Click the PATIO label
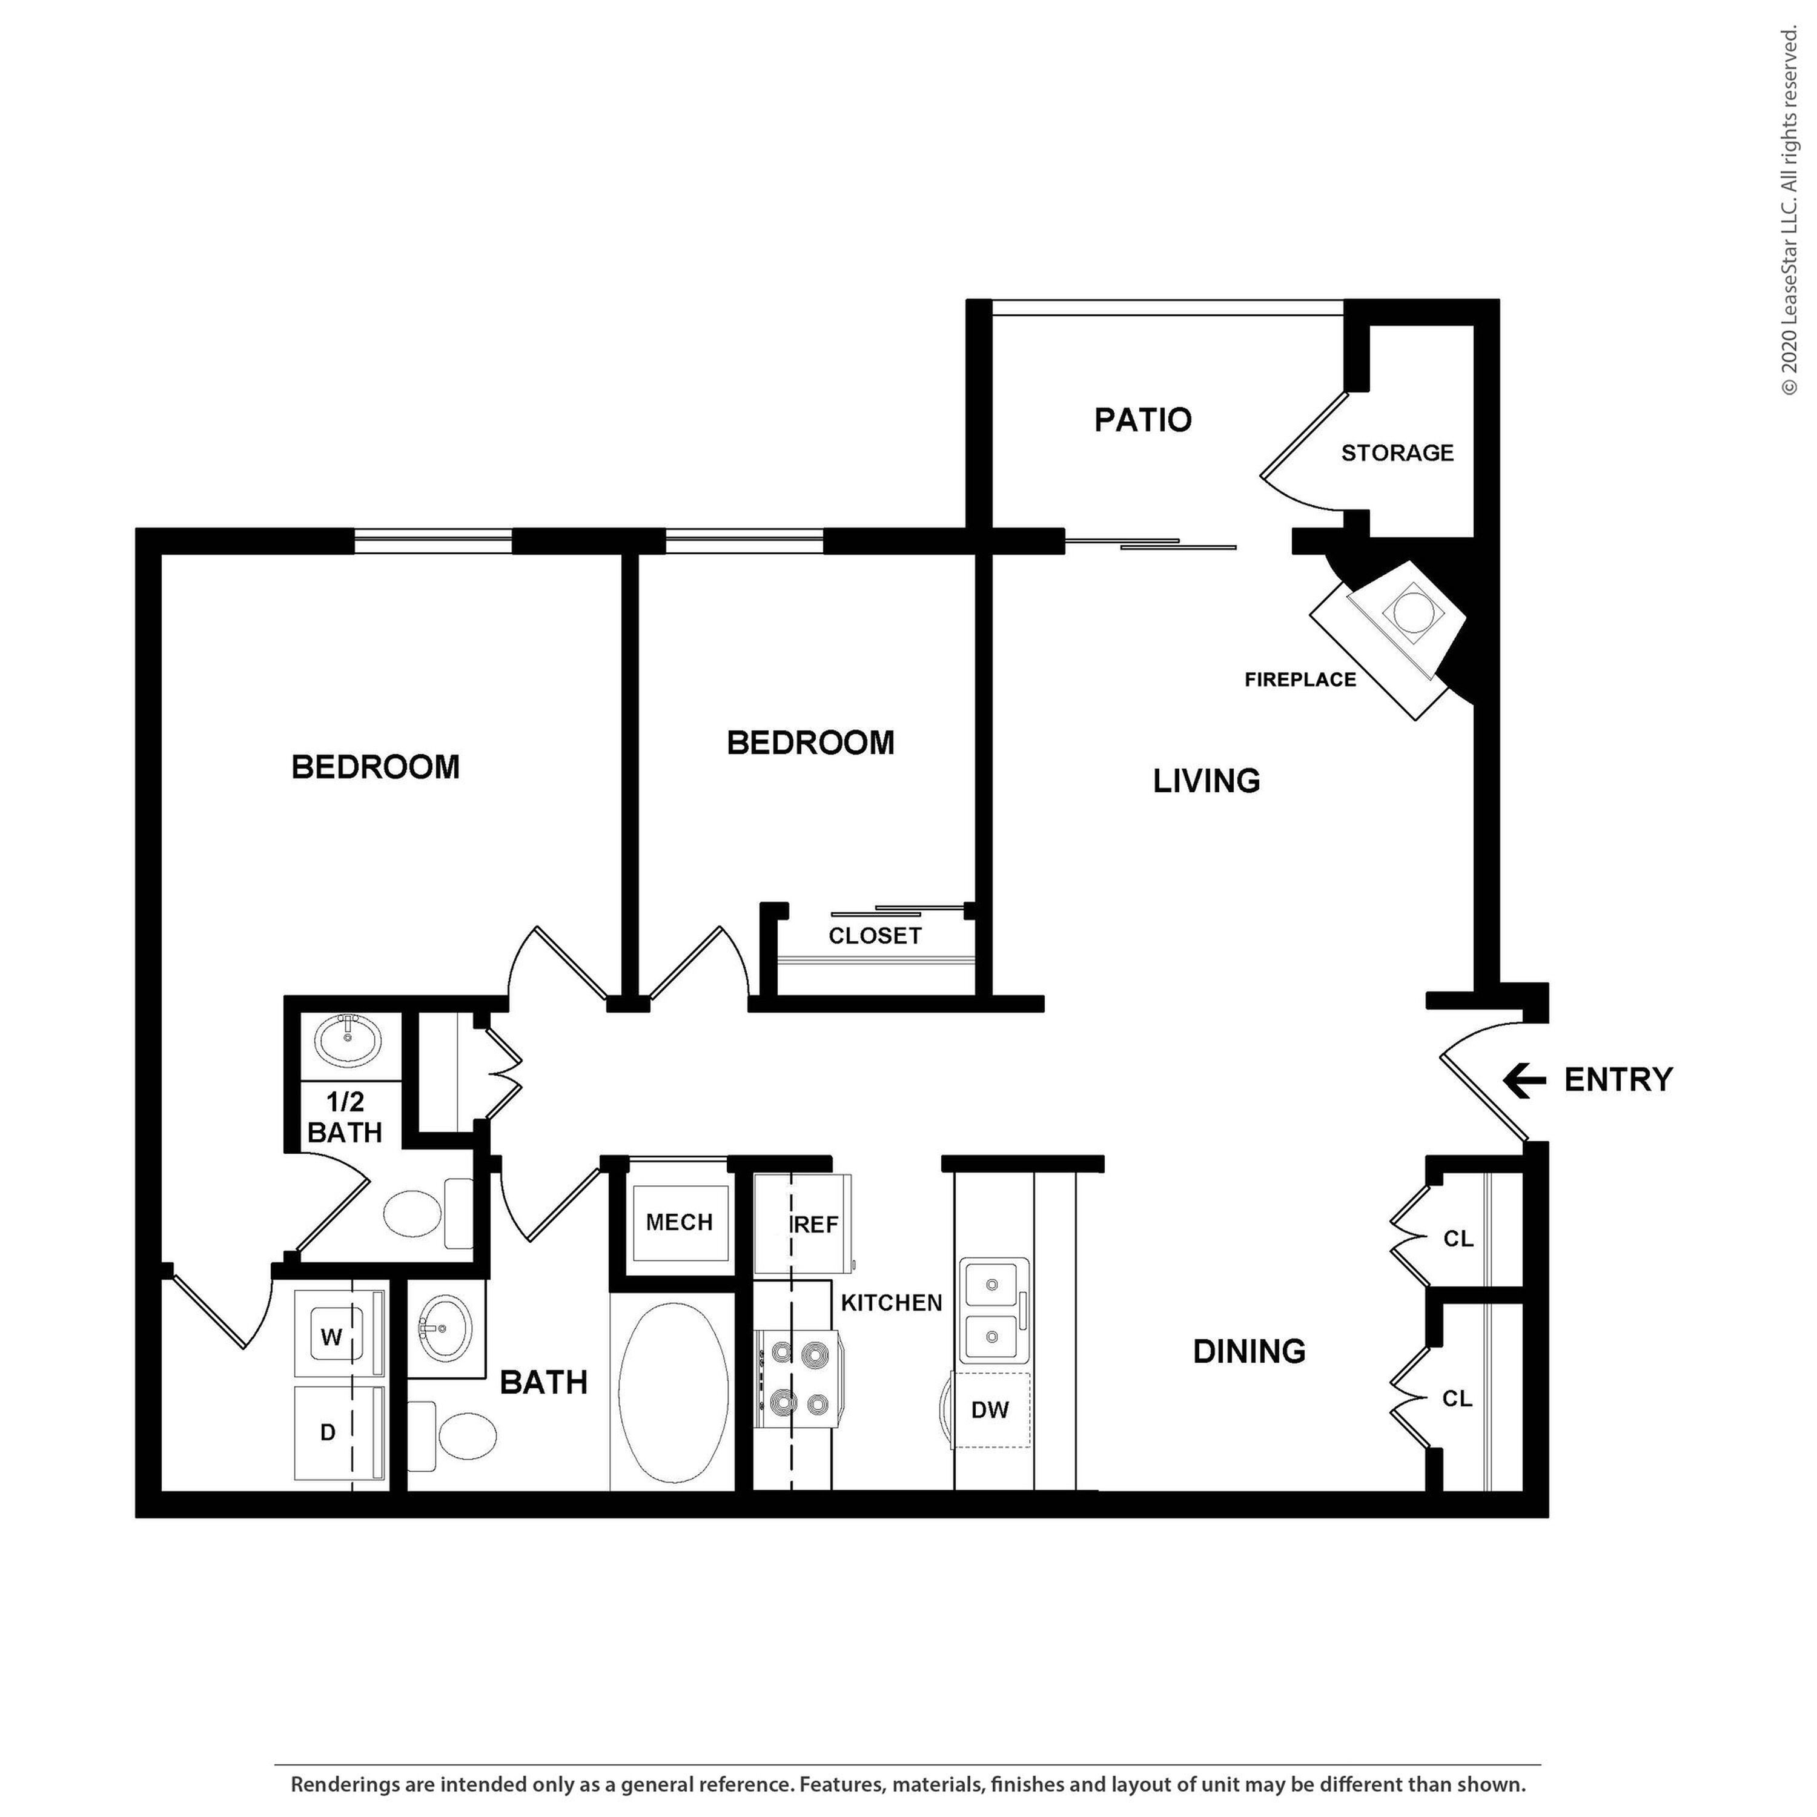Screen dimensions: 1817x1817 (1143, 420)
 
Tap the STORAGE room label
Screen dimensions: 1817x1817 (1397, 453)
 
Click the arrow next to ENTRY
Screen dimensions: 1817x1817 (1524, 1080)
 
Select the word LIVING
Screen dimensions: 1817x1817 (1206, 781)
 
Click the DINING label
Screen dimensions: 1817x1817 (1249, 1351)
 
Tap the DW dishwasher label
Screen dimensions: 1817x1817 (990, 1410)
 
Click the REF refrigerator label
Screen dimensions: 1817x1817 (815, 1225)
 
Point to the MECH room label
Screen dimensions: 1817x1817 (679, 1223)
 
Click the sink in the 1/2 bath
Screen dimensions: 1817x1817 (348, 1041)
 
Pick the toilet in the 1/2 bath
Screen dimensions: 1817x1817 (428, 1213)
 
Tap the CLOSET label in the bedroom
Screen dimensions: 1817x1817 (875, 936)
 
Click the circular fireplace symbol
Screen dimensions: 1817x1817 (1411, 613)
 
